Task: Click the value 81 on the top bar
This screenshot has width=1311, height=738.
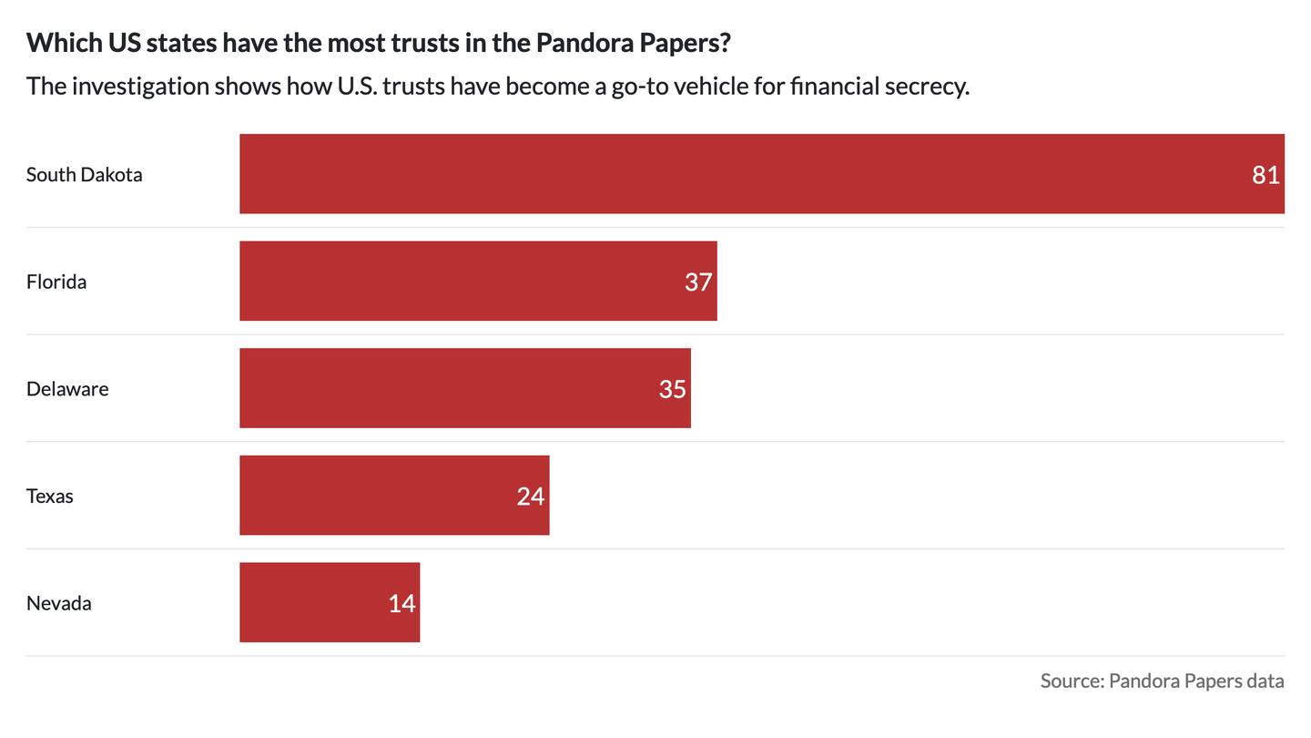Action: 1265,175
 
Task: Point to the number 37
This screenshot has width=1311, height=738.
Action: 698,282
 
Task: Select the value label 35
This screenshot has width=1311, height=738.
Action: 672,389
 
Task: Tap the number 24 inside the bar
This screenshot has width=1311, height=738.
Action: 530,497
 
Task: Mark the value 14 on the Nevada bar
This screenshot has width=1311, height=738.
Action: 401,603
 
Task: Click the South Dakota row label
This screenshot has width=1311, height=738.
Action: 84,175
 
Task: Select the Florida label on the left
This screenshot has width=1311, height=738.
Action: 56,282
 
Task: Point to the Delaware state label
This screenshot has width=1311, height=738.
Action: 67,389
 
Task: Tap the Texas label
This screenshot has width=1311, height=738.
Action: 49,497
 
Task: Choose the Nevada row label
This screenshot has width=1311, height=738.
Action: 58,603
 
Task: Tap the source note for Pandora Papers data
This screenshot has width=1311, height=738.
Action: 1162,681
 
